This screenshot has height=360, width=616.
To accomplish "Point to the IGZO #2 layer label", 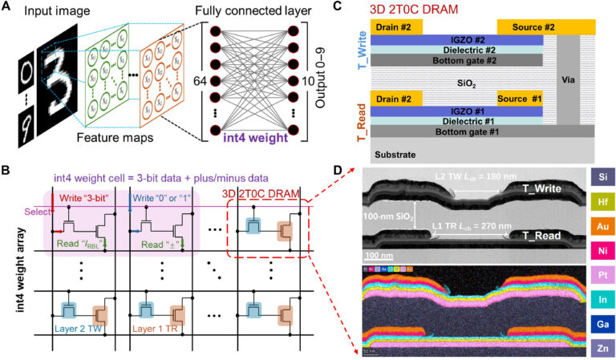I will click(x=449, y=39).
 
